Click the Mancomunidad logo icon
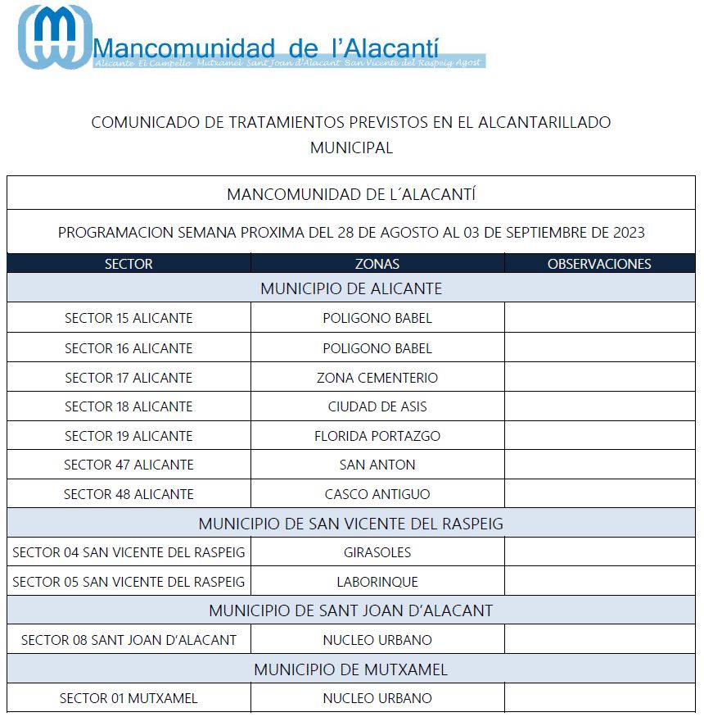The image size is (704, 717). coord(55,36)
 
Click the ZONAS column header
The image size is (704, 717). coord(377,264)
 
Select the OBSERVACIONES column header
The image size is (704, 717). coord(599,264)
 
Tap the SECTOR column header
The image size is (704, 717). coord(129,264)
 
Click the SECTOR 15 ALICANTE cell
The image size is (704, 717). coord(129,318)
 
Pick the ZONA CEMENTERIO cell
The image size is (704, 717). coord(377,378)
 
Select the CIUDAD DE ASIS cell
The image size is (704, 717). coord(377,406)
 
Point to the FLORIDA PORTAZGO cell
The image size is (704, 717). coord(377,436)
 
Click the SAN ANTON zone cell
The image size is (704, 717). coord(377,465)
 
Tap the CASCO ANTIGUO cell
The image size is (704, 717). coord(377,494)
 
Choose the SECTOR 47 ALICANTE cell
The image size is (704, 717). coord(129,465)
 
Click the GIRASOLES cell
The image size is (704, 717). coord(377,552)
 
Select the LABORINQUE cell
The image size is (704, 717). coord(377,582)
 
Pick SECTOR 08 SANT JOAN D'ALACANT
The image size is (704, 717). coord(129,640)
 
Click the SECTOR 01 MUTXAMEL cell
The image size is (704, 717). coord(129,698)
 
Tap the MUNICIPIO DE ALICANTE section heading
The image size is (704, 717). coord(351,288)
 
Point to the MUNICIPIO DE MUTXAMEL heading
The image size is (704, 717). coord(351,669)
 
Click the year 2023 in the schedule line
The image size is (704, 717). coord(629,233)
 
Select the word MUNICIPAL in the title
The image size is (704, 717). coord(351,148)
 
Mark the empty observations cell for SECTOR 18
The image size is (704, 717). coord(599,406)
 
